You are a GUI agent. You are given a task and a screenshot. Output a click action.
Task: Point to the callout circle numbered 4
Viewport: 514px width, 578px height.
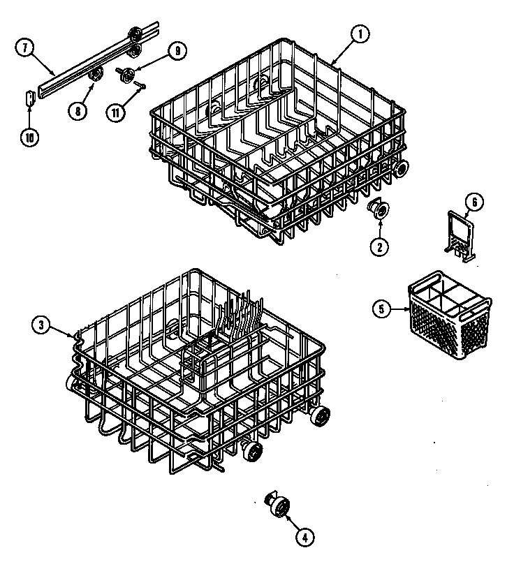click(x=304, y=536)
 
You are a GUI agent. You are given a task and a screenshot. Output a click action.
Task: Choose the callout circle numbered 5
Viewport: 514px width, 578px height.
click(x=381, y=309)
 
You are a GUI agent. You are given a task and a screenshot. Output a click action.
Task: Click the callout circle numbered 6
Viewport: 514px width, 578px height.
click(x=473, y=202)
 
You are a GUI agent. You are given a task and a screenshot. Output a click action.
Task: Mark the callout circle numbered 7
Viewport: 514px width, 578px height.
click(x=24, y=47)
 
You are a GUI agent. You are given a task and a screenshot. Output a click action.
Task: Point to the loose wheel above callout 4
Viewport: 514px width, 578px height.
click(x=278, y=504)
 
